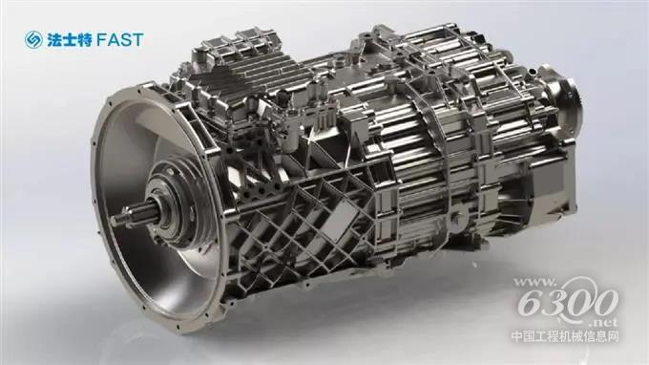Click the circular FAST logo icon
33,40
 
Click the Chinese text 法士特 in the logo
69,40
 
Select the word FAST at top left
119,40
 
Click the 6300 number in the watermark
567,301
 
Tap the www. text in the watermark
534,284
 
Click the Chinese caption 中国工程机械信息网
565,336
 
